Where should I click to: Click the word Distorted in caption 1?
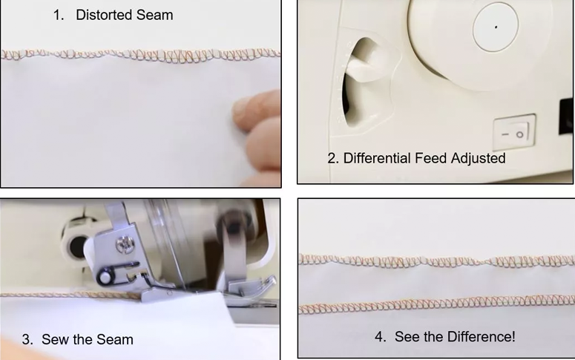point(104,15)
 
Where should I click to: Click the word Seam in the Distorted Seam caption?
point(155,15)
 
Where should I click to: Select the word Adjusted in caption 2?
point(479,159)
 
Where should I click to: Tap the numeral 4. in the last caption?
point(381,336)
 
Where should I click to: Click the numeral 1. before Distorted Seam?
point(59,15)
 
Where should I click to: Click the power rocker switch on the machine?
point(514,132)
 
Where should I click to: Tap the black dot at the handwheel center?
point(496,27)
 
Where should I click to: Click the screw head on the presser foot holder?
point(122,244)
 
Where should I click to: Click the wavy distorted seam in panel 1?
point(140,55)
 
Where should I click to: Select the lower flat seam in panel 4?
point(437,304)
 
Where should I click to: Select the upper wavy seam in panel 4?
point(437,261)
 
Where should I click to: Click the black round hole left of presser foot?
point(78,247)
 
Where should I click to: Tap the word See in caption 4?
point(407,336)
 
